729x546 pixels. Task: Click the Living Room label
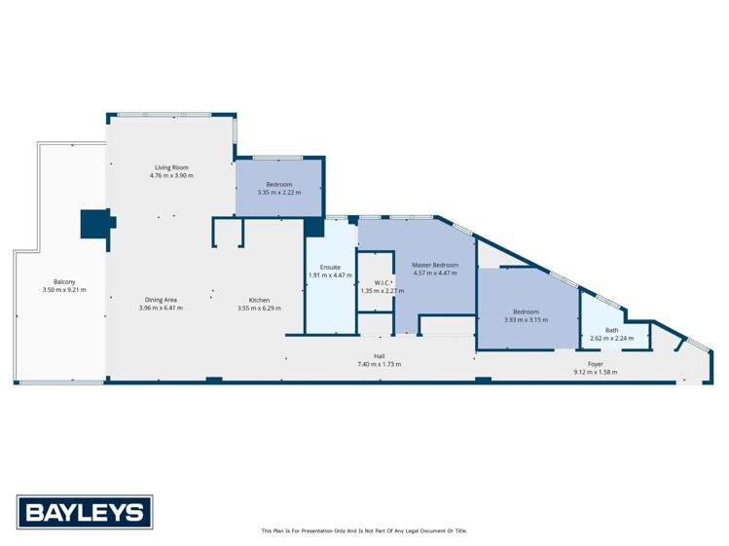pyautogui.click(x=171, y=167)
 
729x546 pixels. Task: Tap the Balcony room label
pyautogui.click(x=65, y=282)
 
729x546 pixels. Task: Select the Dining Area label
pyautogui.click(x=161, y=300)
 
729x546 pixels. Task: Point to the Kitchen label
pyautogui.click(x=259, y=300)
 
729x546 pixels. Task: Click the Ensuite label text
pyautogui.click(x=323, y=267)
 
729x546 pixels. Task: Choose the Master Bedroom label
pyautogui.click(x=434, y=265)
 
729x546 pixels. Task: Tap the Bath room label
pyautogui.click(x=611, y=330)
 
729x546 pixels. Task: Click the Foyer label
pyautogui.click(x=595, y=364)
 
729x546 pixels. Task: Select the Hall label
pyautogui.click(x=379, y=356)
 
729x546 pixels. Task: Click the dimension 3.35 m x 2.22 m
pyautogui.click(x=279, y=193)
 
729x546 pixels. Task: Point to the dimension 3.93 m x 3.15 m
pyautogui.click(x=528, y=320)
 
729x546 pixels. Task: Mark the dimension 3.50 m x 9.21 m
pyautogui.click(x=65, y=290)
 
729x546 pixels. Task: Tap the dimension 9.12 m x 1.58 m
pyautogui.click(x=595, y=372)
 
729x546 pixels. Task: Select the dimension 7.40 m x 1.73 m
pyautogui.click(x=379, y=364)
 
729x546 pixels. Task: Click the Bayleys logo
pyautogui.click(x=85, y=512)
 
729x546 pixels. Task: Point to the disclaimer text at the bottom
pyautogui.click(x=364, y=530)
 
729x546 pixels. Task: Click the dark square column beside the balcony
pyautogui.click(x=94, y=223)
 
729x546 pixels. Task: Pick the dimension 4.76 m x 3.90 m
pyautogui.click(x=171, y=175)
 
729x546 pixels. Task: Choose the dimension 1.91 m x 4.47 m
pyautogui.click(x=323, y=275)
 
